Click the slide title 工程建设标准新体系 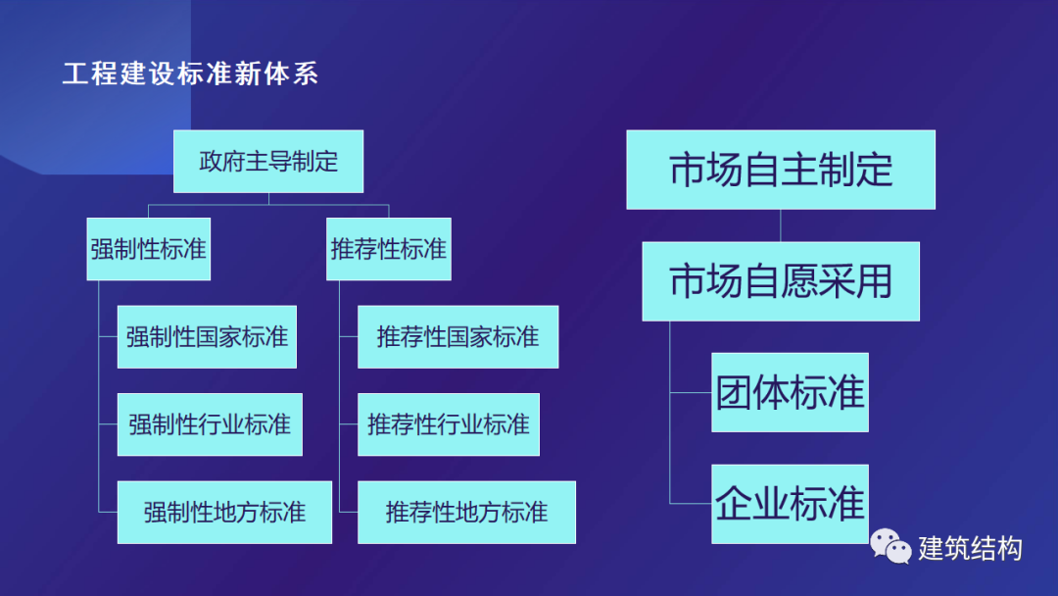click(x=190, y=74)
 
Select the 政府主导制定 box click(x=268, y=162)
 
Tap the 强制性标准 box click(x=149, y=249)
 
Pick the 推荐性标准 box click(x=389, y=249)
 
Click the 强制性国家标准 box click(x=207, y=337)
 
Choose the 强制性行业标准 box click(x=210, y=424)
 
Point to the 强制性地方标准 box click(x=224, y=513)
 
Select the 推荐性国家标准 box click(x=458, y=337)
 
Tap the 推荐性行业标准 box click(x=449, y=424)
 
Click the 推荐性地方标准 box click(x=467, y=513)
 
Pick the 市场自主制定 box click(x=781, y=170)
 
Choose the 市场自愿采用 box click(x=781, y=281)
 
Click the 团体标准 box click(x=791, y=392)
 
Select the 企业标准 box click(x=791, y=504)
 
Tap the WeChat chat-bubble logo click(x=890, y=545)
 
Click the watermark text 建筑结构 click(x=970, y=548)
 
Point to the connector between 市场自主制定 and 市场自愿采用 click(x=781, y=225)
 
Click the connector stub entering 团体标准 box click(x=691, y=392)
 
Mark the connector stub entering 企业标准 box click(x=691, y=504)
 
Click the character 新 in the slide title click(x=248, y=74)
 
